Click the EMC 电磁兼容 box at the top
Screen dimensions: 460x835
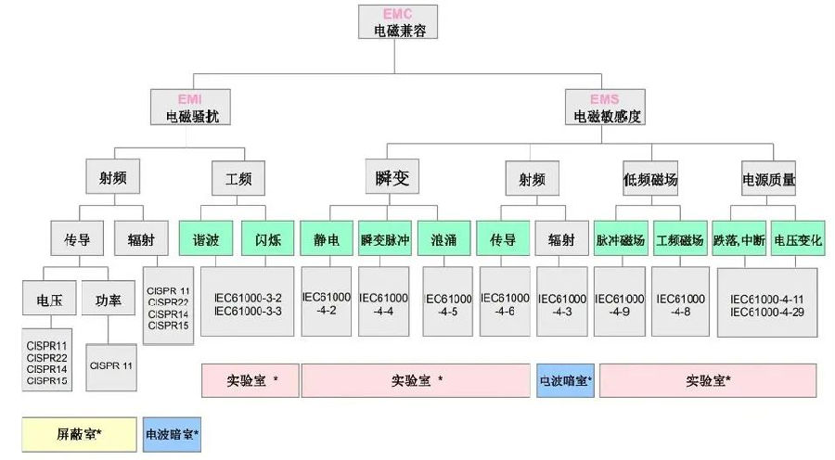tap(397, 22)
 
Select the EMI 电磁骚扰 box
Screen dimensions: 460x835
tap(189, 108)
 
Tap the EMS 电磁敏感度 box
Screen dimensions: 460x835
tap(606, 108)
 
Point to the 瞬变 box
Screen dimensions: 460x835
tap(387, 176)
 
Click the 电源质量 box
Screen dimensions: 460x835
tap(768, 178)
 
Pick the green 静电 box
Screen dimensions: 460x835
tap(327, 238)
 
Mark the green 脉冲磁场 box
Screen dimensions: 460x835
tap(621, 238)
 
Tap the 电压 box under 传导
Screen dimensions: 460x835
tap(50, 300)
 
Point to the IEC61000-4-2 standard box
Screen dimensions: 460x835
tap(327, 301)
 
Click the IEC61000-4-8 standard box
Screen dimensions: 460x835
tap(680, 301)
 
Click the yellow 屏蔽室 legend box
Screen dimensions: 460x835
tap(80, 433)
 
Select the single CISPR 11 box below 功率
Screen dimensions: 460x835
tap(110, 365)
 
